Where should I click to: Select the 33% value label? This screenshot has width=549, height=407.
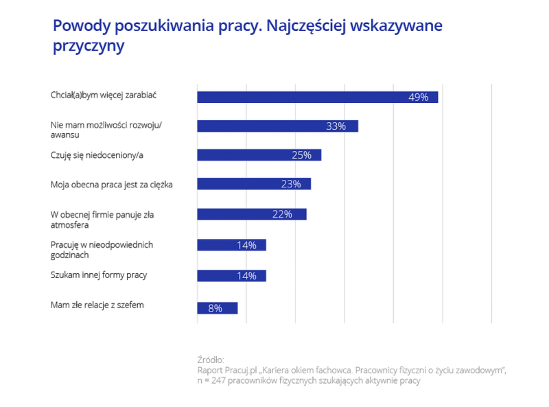(336, 126)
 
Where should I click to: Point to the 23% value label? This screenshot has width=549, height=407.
(291, 184)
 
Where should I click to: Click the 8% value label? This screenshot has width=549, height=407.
(215, 308)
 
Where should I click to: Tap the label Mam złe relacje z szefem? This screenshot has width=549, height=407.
(97, 304)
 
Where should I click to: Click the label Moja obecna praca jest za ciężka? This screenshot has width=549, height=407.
(112, 184)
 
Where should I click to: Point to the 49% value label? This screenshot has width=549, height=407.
(418, 97)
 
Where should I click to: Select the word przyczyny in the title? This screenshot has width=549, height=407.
(88, 47)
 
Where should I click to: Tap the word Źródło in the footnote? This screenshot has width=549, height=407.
(210, 359)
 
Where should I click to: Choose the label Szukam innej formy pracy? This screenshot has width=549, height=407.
(99, 275)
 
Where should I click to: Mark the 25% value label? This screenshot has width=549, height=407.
(301, 155)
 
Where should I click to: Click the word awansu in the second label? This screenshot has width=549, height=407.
(65, 135)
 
